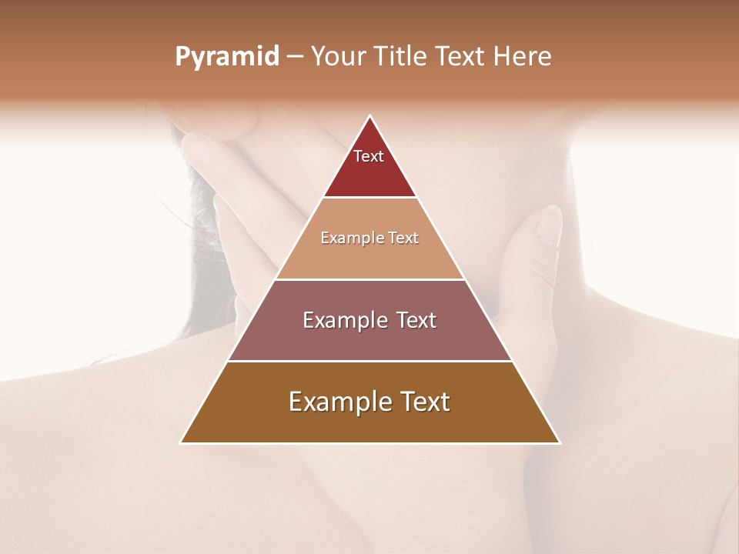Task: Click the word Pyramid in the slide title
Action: [227, 57]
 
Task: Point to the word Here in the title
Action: [523, 57]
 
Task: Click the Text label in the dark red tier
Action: [369, 156]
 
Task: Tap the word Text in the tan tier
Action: [404, 239]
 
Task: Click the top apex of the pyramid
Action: [370, 117]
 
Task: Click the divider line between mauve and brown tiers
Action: [369, 361]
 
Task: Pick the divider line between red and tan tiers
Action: [369, 197]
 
